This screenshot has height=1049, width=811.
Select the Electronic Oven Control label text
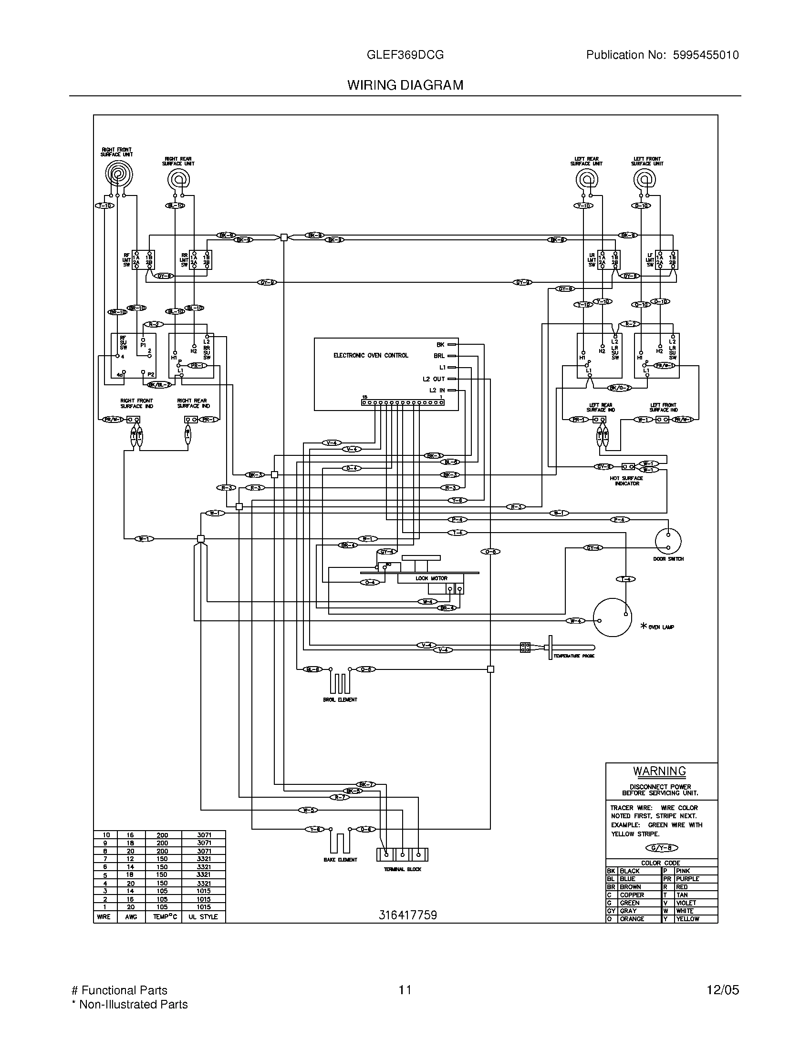tap(370, 355)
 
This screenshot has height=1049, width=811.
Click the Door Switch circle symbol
tap(668, 541)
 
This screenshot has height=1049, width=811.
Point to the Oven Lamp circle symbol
tap(612, 617)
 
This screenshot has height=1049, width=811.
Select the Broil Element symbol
tap(340, 681)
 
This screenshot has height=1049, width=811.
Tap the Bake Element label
tap(340, 859)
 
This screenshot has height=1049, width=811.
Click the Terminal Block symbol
tap(402, 854)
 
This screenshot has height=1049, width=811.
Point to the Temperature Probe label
tap(573, 656)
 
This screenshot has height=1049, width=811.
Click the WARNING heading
tap(659, 771)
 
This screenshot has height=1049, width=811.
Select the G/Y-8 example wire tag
tap(662, 848)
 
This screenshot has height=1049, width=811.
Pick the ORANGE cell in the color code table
tap(632, 919)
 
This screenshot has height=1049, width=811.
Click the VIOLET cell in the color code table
tap(686, 903)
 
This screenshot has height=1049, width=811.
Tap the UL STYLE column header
tap(203, 916)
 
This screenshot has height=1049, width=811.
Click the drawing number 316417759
tap(407, 915)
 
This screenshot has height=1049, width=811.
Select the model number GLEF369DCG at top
tap(405, 55)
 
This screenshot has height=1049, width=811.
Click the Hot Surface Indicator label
tap(626, 481)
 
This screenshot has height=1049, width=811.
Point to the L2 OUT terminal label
tap(433, 379)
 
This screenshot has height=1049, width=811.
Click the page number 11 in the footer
tap(405, 990)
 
